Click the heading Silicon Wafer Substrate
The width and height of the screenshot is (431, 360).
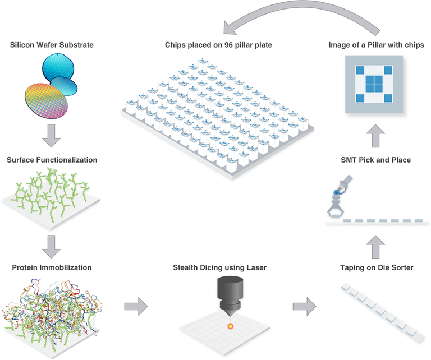click(52, 44)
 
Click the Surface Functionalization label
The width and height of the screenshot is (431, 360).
click(52, 160)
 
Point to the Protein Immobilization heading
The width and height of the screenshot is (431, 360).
click(52, 267)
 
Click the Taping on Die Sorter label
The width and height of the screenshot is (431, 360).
click(376, 267)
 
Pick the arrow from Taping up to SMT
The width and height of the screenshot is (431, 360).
click(376, 243)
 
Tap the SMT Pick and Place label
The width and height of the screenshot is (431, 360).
click(376, 160)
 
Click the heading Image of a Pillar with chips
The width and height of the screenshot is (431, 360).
click(376, 44)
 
